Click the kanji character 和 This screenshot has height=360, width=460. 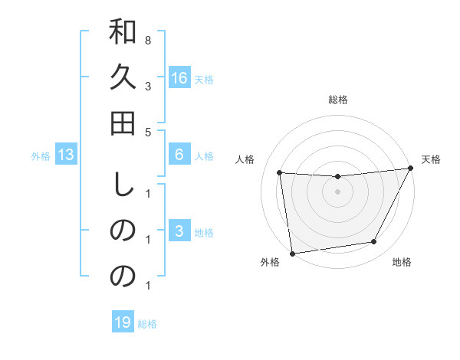pyautogui.click(x=123, y=34)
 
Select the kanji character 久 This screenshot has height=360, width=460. pyautogui.click(x=123, y=77)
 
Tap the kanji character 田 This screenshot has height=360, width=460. pyautogui.click(x=123, y=122)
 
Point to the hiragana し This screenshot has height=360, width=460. pyautogui.click(x=123, y=186)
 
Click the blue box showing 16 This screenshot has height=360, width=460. pyautogui.click(x=179, y=78)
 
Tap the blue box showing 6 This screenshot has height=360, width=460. pyautogui.click(x=179, y=155)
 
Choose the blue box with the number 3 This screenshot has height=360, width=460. pyautogui.click(x=179, y=231)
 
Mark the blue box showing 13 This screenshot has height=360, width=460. pyautogui.click(x=66, y=155)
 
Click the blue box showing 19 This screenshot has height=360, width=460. pyautogui.click(x=123, y=322)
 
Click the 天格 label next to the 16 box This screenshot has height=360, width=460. pyautogui.click(x=204, y=80)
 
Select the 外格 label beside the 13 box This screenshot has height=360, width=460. pyautogui.click(x=41, y=156)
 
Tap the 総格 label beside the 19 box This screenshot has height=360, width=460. pyautogui.click(x=147, y=324)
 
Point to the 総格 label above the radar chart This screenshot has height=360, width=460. pyautogui.click(x=337, y=100)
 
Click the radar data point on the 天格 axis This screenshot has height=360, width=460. pyautogui.click(x=411, y=168)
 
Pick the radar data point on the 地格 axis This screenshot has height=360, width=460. pyautogui.click(x=374, y=242)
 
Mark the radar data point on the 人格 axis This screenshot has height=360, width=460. pyautogui.click(x=280, y=172)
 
